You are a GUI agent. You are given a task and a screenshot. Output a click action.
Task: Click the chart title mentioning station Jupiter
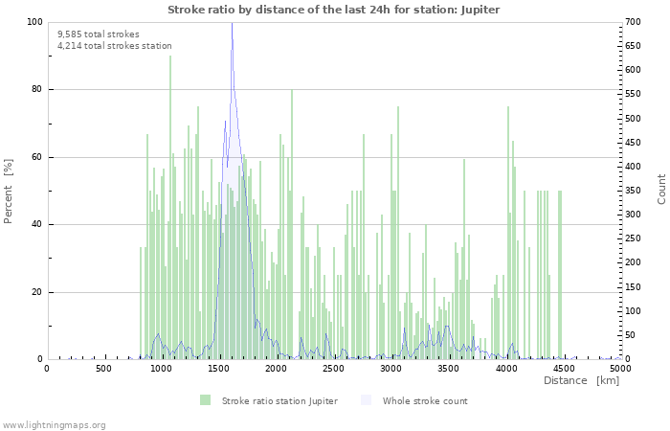pyautogui.click(x=333, y=10)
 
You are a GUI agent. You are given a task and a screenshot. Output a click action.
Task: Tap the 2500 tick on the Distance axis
pyautogui.click(x=333, y=369)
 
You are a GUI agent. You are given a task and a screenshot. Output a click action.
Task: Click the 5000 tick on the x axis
pyautogui.click(x=620, y=369)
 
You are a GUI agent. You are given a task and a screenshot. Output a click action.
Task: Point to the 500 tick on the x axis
pyautogui.click(x=103, y=369)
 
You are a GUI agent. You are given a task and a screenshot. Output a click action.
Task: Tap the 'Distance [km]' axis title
pyautogui.click(x=581, y=381)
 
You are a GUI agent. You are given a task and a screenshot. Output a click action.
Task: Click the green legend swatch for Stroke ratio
pyautogui.click(x=206, y=400)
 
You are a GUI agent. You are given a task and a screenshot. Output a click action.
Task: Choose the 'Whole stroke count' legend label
pyautogui.click(x=424, y=400)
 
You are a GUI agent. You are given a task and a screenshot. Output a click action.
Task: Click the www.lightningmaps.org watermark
pyautogui.click(x=54, y=424)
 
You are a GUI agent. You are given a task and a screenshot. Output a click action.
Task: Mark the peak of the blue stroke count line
pyautogui.click(x=232, y=24)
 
